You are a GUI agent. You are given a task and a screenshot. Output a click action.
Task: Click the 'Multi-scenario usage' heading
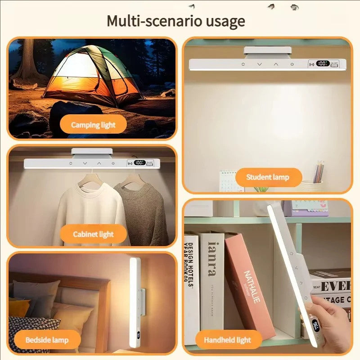[x=176, y=21]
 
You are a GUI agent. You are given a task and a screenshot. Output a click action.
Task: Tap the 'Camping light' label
[x=93, y=125]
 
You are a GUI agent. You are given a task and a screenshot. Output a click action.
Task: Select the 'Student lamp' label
[x=268, y=177]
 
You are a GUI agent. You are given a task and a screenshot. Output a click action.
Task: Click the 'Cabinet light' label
[x=93, y=234]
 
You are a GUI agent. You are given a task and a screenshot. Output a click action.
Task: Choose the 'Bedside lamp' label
[x=47, y=339]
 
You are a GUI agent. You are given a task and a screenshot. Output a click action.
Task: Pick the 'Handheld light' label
[x=227, y=339]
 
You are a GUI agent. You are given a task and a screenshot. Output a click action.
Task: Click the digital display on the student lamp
[x=323, y=64]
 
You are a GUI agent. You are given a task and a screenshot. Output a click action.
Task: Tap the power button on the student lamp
[x=292, y=64]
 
